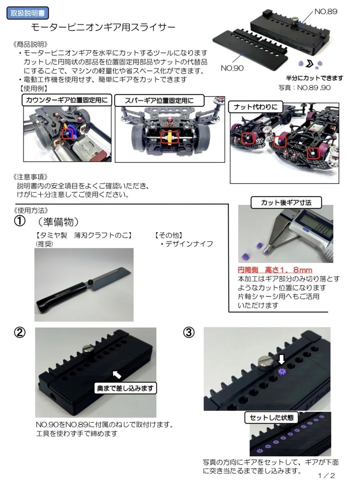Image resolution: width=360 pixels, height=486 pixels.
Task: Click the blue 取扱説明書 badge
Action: [28, 13]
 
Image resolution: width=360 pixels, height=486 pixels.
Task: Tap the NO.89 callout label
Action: [325, 12]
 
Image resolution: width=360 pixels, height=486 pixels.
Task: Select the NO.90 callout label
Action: [232, 68]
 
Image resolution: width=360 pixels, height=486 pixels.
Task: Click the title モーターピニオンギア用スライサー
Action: [103, 28]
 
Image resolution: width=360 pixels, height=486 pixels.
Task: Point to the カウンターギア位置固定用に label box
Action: [67, 100]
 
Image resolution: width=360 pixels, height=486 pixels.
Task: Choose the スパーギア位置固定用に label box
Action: [159, 101]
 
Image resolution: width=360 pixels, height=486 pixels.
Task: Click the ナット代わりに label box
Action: [255, 107]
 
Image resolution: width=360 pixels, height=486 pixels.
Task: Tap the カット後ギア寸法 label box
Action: [286, 202]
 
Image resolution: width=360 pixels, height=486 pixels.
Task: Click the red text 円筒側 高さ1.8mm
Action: [275, 270]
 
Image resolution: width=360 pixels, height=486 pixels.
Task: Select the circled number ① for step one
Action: [20, 221]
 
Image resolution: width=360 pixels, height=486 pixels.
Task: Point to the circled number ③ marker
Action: [189, 333]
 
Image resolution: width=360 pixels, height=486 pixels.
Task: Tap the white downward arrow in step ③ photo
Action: [281, 360]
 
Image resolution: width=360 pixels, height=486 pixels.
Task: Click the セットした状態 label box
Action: [272, 417]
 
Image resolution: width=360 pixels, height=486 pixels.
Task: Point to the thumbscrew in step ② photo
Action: [88, 350]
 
